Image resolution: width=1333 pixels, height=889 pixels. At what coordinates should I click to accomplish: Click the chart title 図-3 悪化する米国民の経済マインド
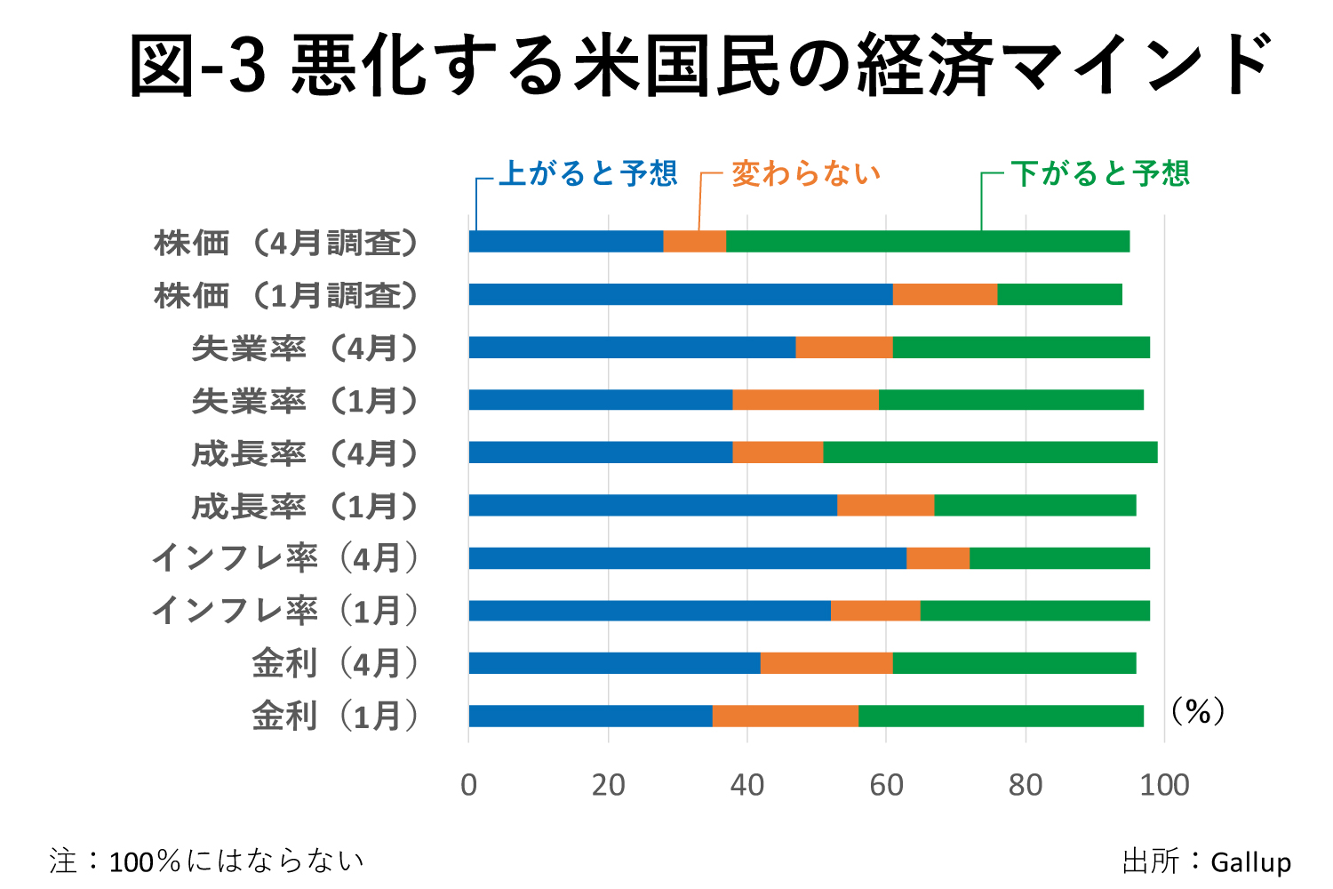click(x=702, y=65)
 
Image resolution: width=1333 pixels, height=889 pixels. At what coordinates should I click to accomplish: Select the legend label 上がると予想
click(x=588, y=173)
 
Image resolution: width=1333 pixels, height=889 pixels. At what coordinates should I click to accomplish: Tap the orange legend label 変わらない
click(x=806, y=173)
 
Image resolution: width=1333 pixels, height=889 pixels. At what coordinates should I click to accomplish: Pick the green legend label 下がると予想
click(x=1099, y=173)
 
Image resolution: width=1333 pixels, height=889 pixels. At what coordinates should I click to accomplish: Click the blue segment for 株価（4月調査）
click(x=566, y=242)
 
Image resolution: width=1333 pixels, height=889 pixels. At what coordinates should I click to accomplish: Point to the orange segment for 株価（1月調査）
click(x=945, y=294)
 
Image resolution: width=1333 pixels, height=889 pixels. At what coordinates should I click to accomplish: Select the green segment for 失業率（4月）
click(x=1021, y=348)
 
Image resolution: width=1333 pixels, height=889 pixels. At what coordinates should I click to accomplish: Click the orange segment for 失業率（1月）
click(x=805, y=400)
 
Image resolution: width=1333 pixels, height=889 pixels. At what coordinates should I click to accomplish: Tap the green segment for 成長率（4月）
click(x=990, y=453)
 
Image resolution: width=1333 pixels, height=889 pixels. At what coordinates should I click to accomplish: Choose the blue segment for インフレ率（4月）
click(x=688, y=558)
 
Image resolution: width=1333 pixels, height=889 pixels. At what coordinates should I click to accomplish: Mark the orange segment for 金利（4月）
click(x=826, y=663)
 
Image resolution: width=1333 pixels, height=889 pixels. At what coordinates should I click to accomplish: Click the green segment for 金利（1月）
click(x=1001, y=716)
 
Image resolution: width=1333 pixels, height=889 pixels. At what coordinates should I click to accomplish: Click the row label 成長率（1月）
click(x=304, y=507)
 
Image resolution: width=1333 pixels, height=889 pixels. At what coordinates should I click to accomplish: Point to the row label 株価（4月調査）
click(x=285, y=243)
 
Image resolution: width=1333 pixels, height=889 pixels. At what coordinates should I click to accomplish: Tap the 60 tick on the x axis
click(x=886, y=785)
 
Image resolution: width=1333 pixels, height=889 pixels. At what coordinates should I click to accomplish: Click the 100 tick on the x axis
click(x=1164, y=785)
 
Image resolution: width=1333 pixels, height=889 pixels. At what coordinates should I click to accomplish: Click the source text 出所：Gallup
click(x=1206, y=861)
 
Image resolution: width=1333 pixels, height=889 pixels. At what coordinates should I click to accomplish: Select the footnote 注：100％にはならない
click(x=207, y=861)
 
